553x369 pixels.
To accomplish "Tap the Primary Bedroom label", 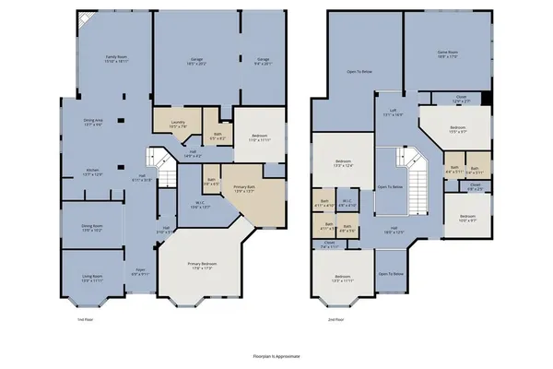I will pos(201,266).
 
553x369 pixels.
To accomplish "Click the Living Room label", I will pos(89,276).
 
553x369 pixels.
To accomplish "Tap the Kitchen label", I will pos(92,172).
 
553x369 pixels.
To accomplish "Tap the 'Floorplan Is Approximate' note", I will pos(276,354).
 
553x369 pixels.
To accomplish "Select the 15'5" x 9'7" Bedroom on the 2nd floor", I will pos(457,129).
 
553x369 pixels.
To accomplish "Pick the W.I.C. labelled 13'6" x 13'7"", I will pos(198,205).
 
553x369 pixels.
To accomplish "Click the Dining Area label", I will pos(92,122).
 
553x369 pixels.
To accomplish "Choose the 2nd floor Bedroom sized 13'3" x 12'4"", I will pos(343,162).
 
